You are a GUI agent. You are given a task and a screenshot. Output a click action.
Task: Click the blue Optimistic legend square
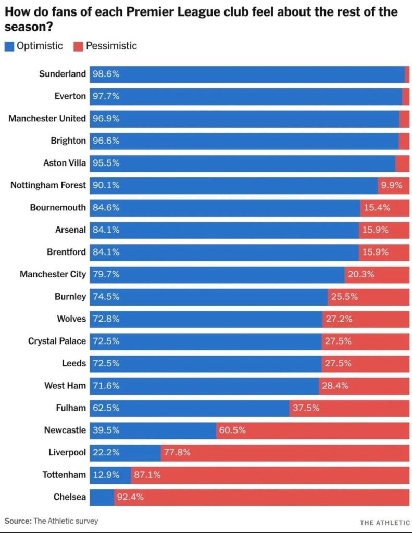tap(9, 46)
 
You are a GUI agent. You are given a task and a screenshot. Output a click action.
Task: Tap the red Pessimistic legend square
tap(78, 46)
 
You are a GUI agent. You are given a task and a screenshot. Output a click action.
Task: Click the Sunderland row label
tap(62, 74)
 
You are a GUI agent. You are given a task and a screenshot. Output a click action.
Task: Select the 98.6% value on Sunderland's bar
tap(106, 74)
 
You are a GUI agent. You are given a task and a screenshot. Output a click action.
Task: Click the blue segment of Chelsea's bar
tap(102, 497)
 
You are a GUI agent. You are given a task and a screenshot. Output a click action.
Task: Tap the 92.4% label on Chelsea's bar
tap(130, 497)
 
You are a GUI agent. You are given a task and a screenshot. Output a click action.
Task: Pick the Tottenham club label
tap(64, 475)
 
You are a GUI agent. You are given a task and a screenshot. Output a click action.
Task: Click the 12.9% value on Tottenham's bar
tap(106, 475)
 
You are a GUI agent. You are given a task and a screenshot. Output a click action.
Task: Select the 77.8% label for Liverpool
tap(177, 452)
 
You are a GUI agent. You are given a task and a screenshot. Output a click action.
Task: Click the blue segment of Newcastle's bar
tap(153, 430)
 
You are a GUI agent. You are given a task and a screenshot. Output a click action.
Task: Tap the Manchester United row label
tap(47, 119)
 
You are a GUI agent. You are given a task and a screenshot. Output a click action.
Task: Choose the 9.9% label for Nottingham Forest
tap(391, 185)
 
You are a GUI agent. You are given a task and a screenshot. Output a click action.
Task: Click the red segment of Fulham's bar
tap(349, 408)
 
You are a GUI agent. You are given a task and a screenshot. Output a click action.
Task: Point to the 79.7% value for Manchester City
tap(106, 274)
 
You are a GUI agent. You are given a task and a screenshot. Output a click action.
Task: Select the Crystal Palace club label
tap(57, 341)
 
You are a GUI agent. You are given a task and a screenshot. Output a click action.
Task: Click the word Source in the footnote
tap(18, 521)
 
